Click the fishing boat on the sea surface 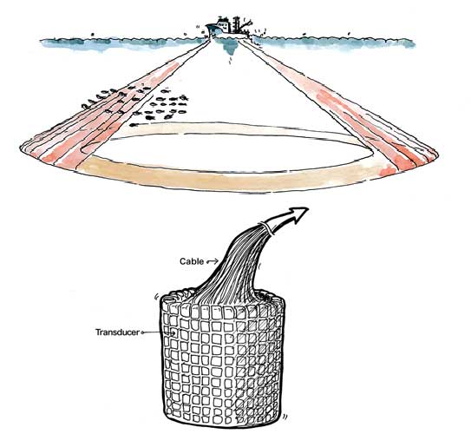point(228,28)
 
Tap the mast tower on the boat point(238,24)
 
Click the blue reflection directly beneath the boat point(230,47)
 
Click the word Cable point(192,261)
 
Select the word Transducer point(117,332)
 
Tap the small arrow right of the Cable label point(213,261)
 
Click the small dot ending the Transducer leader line point(142,332)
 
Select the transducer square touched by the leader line point(173,333)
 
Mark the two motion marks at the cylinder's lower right point(285,416)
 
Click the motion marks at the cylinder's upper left point(156,297)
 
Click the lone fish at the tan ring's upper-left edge point(135,124)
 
